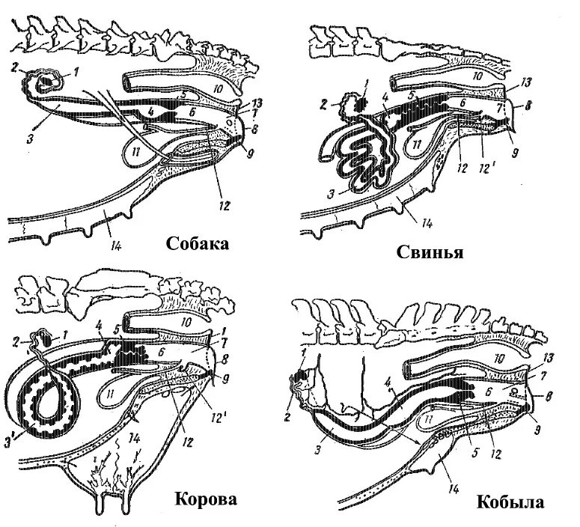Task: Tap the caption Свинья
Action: [x=430, y=252]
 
